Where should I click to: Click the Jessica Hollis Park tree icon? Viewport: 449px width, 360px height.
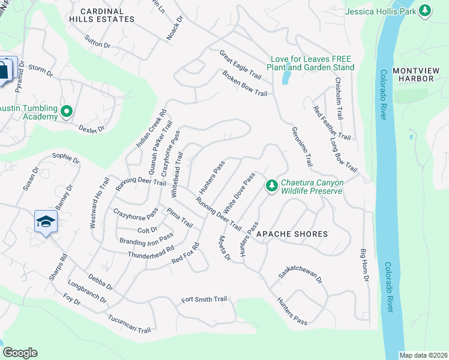[x=425, y=10]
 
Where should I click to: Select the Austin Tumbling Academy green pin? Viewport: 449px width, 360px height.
[x=67, y=112]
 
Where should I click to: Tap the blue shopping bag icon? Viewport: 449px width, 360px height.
[x=4, y=70]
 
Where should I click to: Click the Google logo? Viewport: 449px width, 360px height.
[x=20, y=353]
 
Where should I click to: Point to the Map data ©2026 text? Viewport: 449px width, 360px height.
[x=423, y=355]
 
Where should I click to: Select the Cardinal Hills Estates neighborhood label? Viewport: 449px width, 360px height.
[x=107, y=15]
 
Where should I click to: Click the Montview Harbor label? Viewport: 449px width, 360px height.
[x=413, y=74]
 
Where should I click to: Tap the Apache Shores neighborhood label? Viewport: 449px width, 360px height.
[x=292, y=234]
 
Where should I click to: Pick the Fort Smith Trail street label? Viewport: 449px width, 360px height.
[x=204, y=299]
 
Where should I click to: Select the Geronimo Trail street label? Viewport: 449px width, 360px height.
[x=303, y=146]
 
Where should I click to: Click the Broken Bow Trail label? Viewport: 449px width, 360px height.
[x=244, y=83]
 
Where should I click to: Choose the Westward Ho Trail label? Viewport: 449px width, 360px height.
[x=93, y=202]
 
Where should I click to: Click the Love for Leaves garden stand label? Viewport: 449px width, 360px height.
[x=311, y=63]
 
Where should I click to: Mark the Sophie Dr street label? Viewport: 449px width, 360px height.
[x=66, y=158]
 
